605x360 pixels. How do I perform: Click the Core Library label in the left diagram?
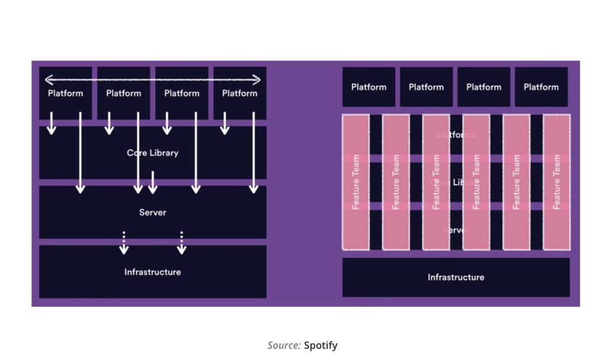coord(152,153)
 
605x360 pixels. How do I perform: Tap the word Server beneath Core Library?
coord(152,212)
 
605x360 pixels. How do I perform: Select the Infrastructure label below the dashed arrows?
coord(152,272)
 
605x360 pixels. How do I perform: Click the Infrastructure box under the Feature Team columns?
coord(456,277)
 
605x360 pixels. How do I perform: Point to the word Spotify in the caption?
coord(321,345)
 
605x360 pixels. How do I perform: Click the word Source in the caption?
coord(284,345)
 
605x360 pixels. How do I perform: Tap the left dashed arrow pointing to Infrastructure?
coord(123,242)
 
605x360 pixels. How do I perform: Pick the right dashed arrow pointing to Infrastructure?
coord(181,242)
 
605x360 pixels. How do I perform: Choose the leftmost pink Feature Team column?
coord(356,181)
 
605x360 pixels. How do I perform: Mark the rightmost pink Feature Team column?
coord(557,181)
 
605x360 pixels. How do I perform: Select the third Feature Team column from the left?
coord(436,181)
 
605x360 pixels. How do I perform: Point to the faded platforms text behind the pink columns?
coord(456,135)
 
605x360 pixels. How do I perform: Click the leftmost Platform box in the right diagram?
coord(369,87)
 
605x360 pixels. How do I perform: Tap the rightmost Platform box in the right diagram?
coord(541,87)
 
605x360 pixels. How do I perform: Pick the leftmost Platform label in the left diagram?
coord(66,93)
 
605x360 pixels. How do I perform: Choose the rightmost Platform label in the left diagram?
coord(239,93)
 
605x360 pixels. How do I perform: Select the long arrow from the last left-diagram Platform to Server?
coord(253,154)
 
